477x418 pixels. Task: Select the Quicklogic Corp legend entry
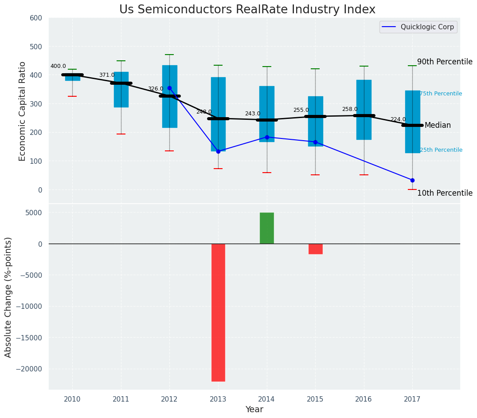pyautogui.click(x=418, y=27)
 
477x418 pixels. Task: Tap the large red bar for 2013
pyautogui.click(x=218, y=312)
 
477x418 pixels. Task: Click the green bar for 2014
pyautogui.click(x=267, y=228)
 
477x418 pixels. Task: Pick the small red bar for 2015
pyautogui.click(x=315, y=249)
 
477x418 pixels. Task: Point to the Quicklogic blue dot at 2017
pyautogui.click(x=412, y=180)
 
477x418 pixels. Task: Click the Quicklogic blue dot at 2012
pyautogui.click(x=169, y=88)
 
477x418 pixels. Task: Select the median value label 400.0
pyautogui.click(x=58, y=67)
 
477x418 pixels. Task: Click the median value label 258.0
pyautogui.click(x=349, y=109)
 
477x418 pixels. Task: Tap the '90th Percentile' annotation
pyautogui.click(x=445, y=62)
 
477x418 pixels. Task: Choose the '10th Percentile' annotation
pyautogui.click(x=445, y=193)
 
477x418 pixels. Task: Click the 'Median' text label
pyautogui.click(x=438, y=126)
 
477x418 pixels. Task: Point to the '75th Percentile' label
pyautogui.click(x=441, y=94)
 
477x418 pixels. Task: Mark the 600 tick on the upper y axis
pyautogui.click(x=36, y=18)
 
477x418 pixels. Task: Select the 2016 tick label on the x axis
pyautogui.click(x=364, y=399)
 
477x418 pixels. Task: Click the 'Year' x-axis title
pyautogui.click(x=254, y=410)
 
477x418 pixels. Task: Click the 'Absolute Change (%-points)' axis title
pyautogui.click(x=8, y=297)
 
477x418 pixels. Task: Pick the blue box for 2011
pyautogui.click(x=121, y=90)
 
